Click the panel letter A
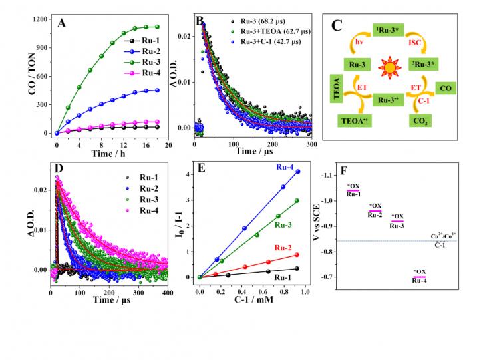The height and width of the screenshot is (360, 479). [62, 23]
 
